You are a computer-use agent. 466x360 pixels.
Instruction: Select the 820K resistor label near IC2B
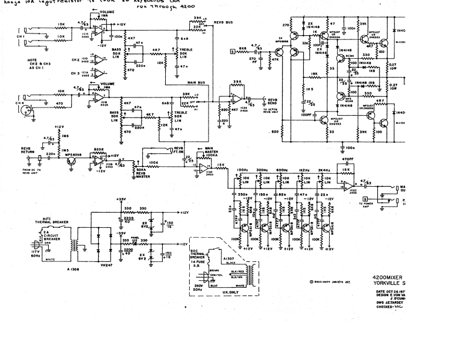[99, 150]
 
